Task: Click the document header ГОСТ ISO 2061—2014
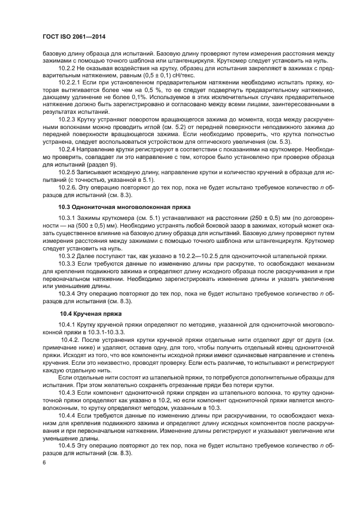tap(74, 36)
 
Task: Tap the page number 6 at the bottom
tap(44, 462)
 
